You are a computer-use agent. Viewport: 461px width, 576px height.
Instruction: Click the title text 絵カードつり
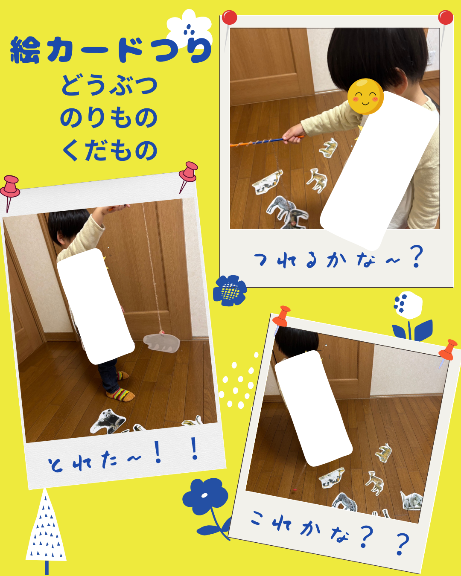pos(111,50)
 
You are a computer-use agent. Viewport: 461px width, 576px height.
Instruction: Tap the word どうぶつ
pos(109,85)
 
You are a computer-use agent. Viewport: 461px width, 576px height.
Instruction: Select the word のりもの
pos(109,117)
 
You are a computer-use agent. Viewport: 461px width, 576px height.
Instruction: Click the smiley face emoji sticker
pos(365,96)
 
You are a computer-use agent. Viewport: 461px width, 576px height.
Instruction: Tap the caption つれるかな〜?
pos(338,257)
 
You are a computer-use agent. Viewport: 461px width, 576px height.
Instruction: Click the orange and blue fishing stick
pos(267,141)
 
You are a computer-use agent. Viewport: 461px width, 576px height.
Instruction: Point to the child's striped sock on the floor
pos(121,394)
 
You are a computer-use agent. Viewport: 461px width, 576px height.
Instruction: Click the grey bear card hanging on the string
pos(161,343)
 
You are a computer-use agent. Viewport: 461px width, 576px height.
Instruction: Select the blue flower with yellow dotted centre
pos(230,291)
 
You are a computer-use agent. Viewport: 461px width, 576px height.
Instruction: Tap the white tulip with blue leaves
pos(409,316)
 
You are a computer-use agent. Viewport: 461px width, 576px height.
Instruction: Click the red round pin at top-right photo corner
pos(446,18)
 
